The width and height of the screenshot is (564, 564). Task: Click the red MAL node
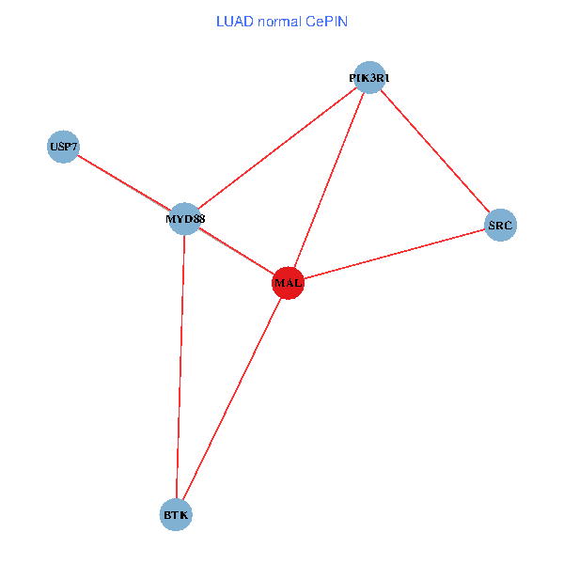click(288, 282)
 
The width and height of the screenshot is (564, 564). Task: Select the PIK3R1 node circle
click(368, 77)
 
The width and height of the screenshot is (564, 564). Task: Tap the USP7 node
click(63, 147)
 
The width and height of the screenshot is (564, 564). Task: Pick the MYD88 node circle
click(185, 219)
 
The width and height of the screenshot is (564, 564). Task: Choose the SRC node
click(500, 226)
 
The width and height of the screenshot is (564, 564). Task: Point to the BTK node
click(176, 515)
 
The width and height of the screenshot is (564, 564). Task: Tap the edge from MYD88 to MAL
click(236, 250)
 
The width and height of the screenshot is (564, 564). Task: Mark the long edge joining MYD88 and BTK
click(180, 367)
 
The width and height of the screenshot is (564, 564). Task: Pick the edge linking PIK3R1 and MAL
click(328, 180)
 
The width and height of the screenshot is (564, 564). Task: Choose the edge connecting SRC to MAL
click(394, 254)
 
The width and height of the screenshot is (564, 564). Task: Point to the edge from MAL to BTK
click(232, 399)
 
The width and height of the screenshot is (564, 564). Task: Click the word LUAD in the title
click(234, 21)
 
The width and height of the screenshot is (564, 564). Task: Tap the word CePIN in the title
click(326, 21)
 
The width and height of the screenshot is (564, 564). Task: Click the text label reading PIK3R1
click(368, 79)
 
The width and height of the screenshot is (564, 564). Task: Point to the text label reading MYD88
click(185, 220)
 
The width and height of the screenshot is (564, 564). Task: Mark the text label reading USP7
click(63, 148)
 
